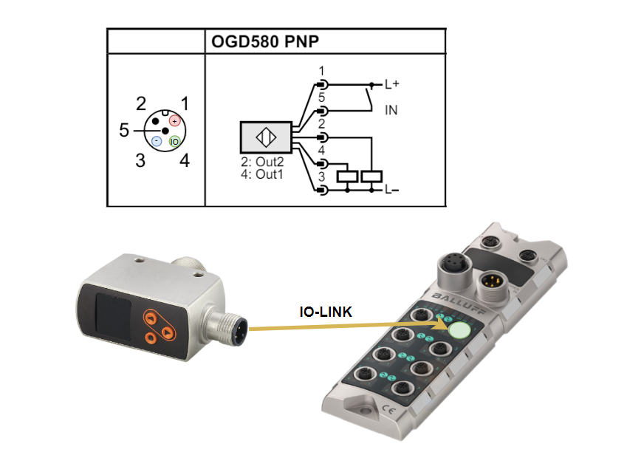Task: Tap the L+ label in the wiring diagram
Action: click(x=392, y=84)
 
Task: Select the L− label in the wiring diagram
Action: click(x=392, y=191)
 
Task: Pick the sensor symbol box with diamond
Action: click(x=265, y=137)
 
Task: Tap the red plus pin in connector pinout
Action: click(x=175, y=120)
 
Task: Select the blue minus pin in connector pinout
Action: click(x=157, y=140)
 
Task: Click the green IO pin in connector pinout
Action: click(x=175, y=140)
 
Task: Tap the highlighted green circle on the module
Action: click(x=462, y=329)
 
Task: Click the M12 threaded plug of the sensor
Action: click(x=230, y=324)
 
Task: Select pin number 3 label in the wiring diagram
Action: click(x=321, y=178)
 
